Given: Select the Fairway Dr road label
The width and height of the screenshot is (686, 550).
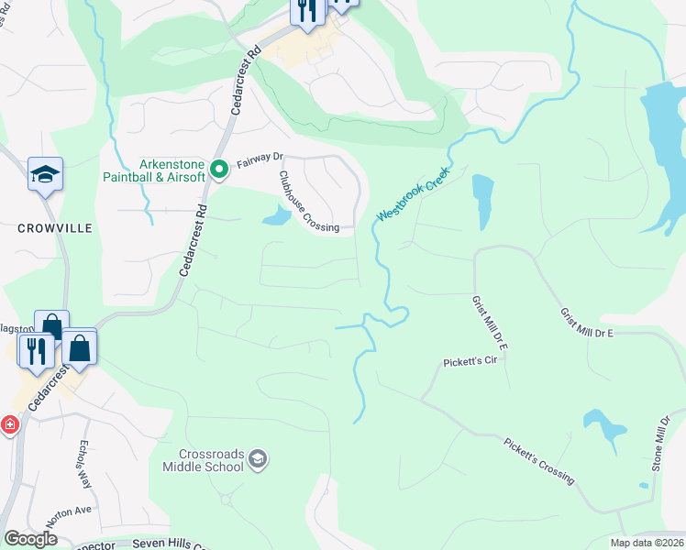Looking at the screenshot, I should coord(257,163).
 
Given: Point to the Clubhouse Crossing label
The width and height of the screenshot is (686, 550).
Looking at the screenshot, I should coord(309,203).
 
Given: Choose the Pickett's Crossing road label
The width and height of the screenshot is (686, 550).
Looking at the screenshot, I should coord(538,461).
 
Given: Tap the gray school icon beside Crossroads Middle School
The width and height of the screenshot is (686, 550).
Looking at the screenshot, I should coord(258,458).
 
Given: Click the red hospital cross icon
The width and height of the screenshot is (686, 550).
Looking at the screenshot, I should coord(9,425).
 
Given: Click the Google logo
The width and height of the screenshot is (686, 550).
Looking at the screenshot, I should coord(30,539).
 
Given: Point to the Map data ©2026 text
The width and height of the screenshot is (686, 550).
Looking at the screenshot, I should coord(634,543).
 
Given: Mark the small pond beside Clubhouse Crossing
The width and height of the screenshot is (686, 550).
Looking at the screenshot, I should coord(276,216).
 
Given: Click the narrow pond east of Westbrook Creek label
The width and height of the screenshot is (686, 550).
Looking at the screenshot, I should coord(481,201).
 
